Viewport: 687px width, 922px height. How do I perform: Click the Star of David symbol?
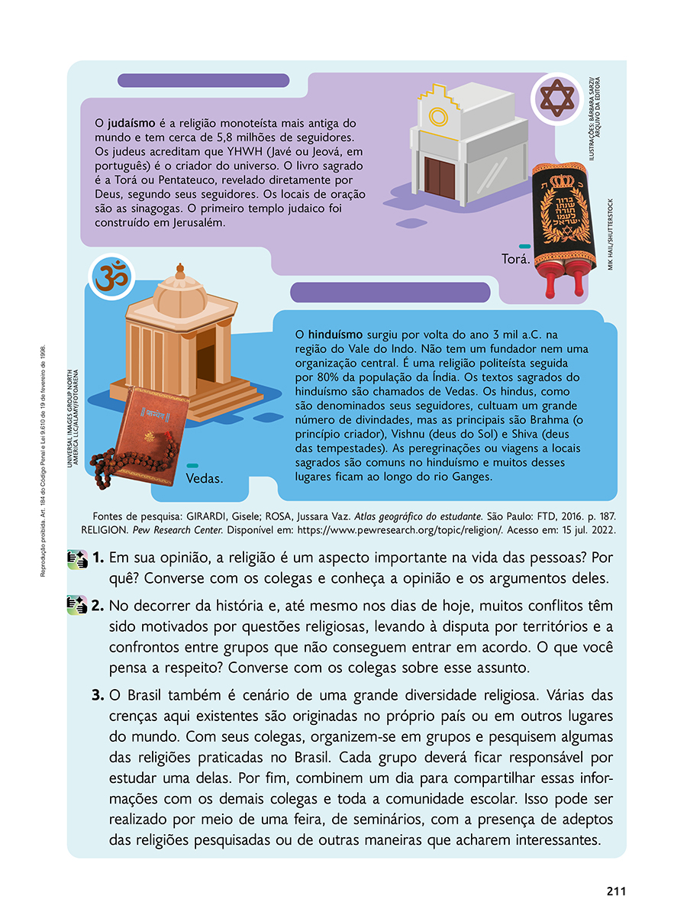(556, 99)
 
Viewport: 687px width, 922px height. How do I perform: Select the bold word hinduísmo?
(336, 335)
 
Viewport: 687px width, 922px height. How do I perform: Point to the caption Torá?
(515, 260)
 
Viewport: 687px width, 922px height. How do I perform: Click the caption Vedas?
(205, 479)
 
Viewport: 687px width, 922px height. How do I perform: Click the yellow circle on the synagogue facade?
(438, 117)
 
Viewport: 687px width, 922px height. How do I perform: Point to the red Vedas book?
(151, 432)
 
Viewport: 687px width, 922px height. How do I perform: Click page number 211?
(616, 891)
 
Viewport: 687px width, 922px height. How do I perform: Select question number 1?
(99, 558)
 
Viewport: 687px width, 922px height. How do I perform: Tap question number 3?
(98, 696)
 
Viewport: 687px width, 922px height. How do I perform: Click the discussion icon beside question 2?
(77, 607)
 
